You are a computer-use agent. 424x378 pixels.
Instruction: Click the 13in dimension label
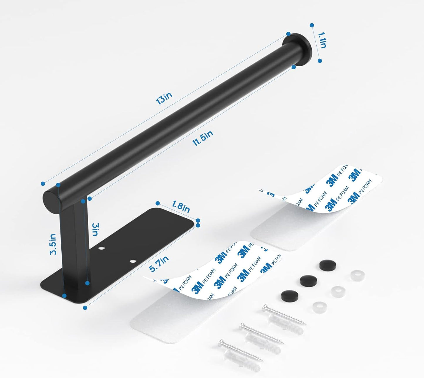click(x=164, y=99)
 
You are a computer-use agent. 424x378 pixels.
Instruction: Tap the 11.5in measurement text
click(x=202, y=139)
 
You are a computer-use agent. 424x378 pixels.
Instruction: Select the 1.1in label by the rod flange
click(x=322, y=40)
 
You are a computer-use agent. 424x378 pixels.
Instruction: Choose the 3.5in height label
click(x=53, y=244)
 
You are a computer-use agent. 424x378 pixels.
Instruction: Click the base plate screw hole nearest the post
click(x=102, y=249)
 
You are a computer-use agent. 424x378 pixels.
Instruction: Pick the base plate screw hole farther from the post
click(x=134, y=261)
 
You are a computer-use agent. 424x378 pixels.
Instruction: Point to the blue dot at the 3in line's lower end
click(x=87, y=283)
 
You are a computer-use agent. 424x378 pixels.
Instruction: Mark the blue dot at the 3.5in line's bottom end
click(x=65, y=296)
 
